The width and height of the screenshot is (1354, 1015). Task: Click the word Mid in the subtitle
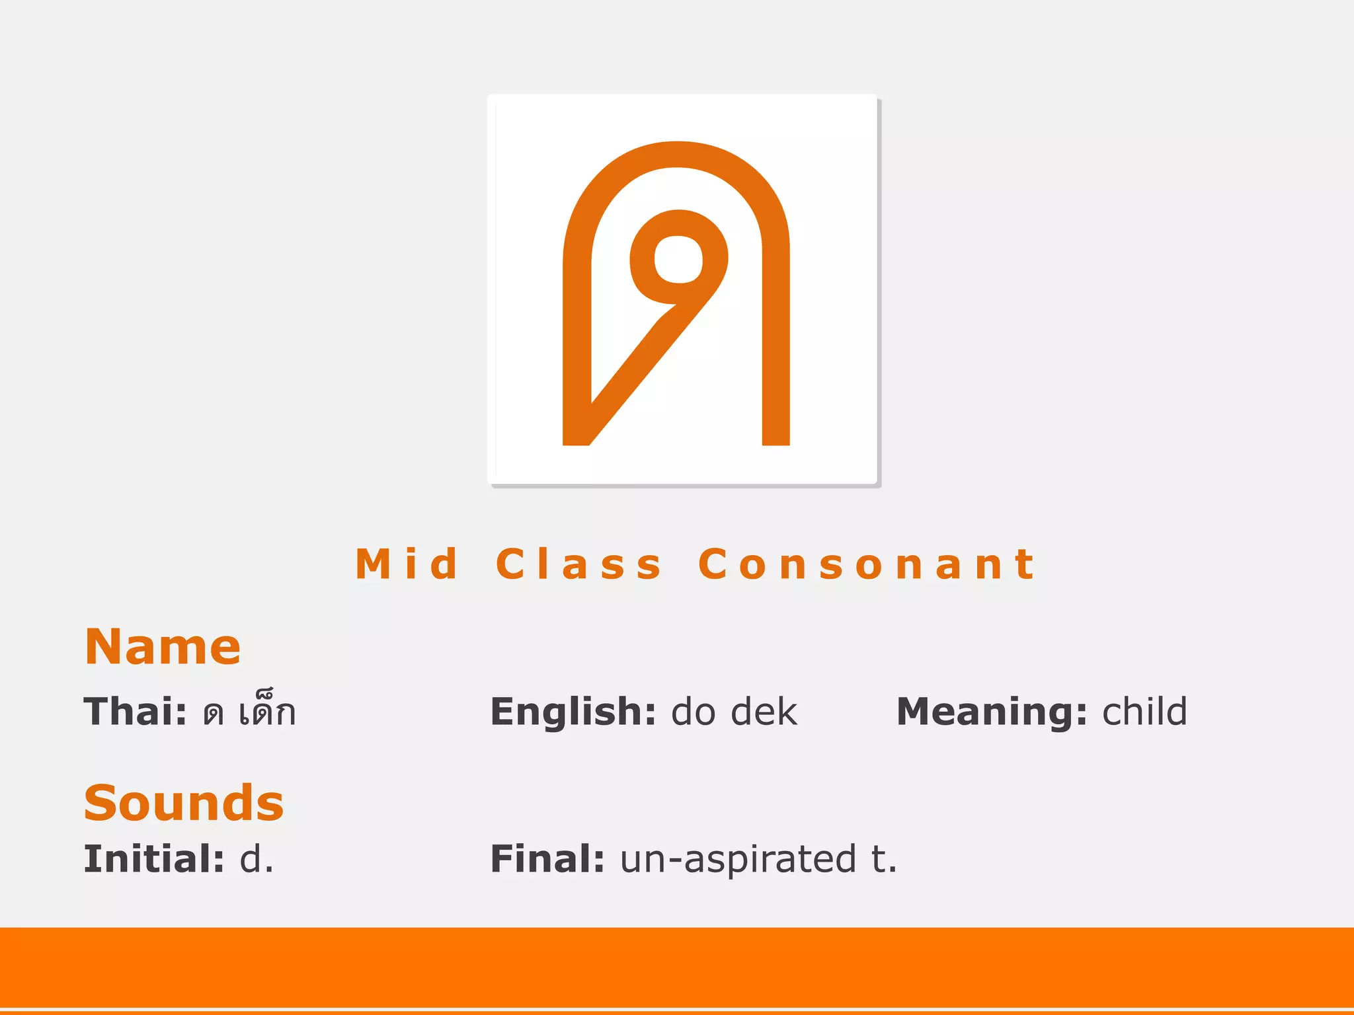[407, 564]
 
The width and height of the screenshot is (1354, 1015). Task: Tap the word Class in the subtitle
[578, 564]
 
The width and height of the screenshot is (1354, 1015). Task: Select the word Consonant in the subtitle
[867, 564]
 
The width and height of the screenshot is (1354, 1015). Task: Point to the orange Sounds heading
[184, 803]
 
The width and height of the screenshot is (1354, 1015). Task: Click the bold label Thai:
[135, 712]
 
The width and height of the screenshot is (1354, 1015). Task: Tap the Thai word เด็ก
[267, 712]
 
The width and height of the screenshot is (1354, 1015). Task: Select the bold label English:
[573, 712]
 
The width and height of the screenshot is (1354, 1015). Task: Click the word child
[1144, 712]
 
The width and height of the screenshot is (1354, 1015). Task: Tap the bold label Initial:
[153, 859]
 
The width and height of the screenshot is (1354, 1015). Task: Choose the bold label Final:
[547, 859]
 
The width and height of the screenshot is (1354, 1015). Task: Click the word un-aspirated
[738, 859]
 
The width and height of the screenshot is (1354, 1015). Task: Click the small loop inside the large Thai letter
[678, 258]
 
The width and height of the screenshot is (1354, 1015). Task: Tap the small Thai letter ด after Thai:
[214, 714]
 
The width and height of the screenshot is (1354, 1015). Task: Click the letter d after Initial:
[251, 859]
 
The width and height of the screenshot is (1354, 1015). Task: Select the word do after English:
[693, 712]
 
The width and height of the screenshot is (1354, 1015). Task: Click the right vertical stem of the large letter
[776, 344]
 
